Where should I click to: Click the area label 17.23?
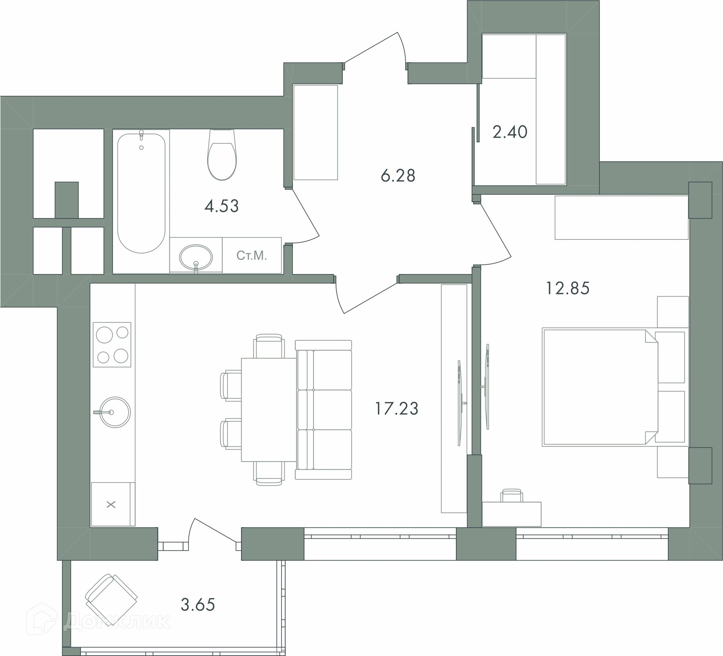[397, 409]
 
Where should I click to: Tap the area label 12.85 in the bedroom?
[567, 288]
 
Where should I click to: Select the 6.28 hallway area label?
[398, 176]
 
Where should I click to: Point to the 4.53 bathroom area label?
[222, 206]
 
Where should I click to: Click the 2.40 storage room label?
[510, 132]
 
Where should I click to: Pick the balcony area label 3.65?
[198, 605]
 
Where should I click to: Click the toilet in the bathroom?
[222, 155]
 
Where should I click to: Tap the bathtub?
[141, 193]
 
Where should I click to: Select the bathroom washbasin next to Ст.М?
[196, 258]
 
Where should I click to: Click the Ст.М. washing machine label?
[252, 256]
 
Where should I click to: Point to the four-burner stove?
[112, 344]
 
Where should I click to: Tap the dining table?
[269, 410]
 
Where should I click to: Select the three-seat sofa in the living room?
[324, 410]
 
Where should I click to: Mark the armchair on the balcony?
[111, 599]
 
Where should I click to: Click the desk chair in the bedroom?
[512, 495]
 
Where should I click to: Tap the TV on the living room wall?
[460, 403]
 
